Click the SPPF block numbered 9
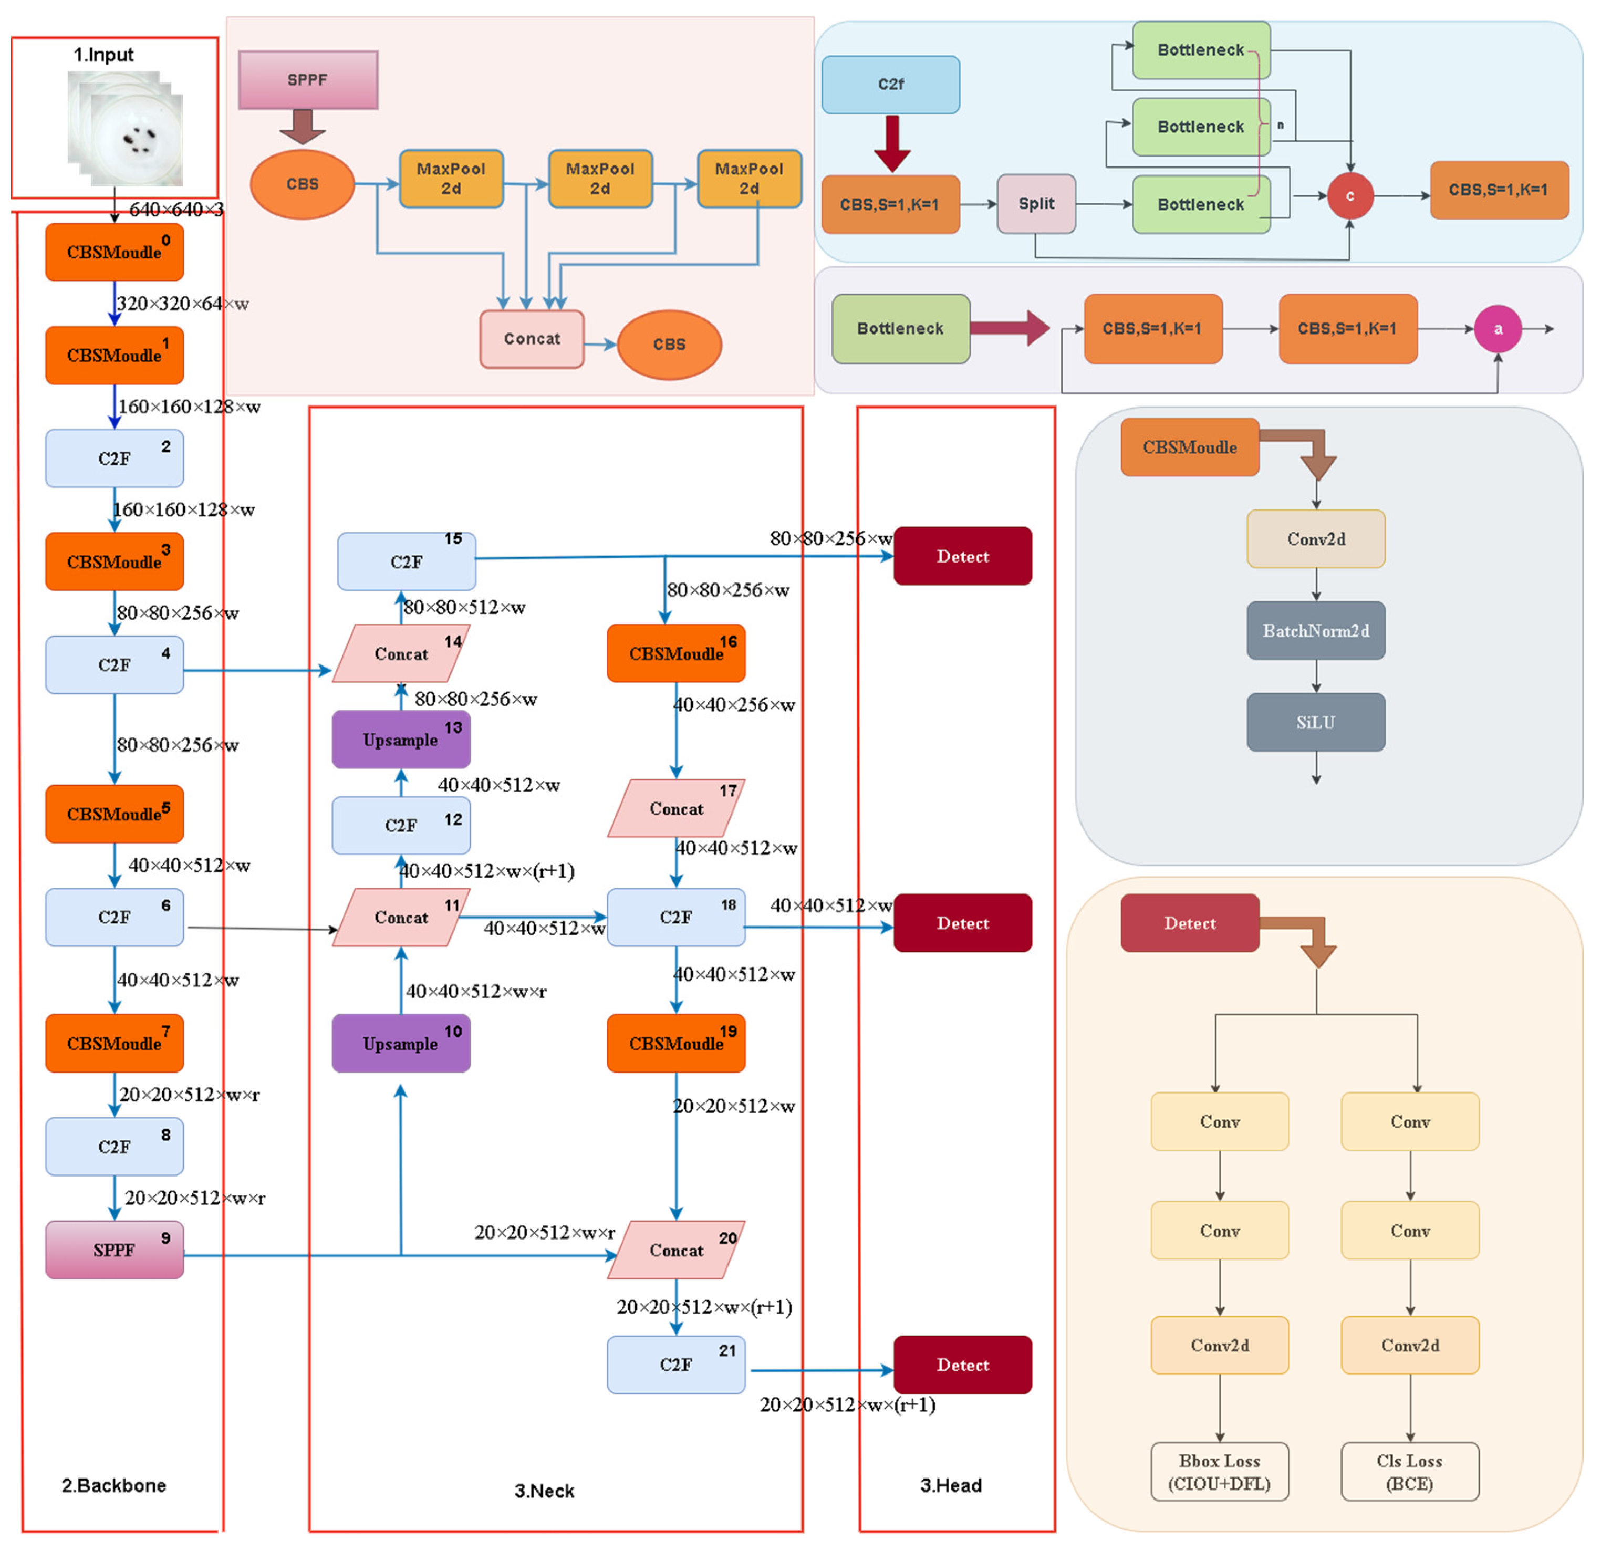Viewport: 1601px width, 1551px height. [x=115, y=1250]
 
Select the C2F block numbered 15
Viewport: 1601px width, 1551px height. [x=407, y=561]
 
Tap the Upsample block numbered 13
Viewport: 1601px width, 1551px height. [x=400, y=739]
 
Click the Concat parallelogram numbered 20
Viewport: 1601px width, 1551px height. [x=677, y=1250]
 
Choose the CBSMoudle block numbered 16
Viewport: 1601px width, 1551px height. [x=677, y=653]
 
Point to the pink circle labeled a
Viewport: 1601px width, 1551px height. [x=1498, y=328]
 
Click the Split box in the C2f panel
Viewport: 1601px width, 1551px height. [x=1036, y=203]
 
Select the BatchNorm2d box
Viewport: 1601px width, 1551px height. [x=1315, y=630]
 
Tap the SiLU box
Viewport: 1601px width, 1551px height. [x=1315, y=722]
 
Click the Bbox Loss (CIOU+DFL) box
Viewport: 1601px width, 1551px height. [x=1220, y=1472]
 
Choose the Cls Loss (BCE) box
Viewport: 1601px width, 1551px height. [x=1409, y=1472]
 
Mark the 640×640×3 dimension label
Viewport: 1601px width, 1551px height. [x=175, y=210]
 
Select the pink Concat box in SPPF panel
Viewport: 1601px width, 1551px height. [x=532, y=339]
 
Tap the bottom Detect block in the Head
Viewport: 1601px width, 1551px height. [x=962, y=1365]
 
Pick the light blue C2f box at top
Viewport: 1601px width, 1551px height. [x=890, y=84]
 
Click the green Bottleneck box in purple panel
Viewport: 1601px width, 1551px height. [x=900, y=328]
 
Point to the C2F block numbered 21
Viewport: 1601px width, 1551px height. [x=677, y=1365]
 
